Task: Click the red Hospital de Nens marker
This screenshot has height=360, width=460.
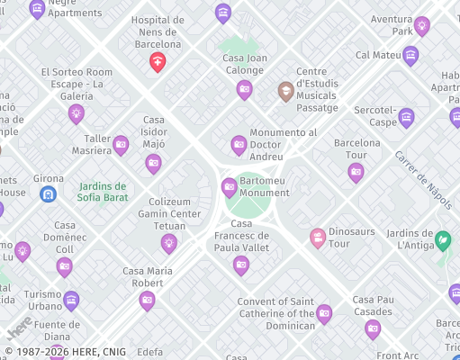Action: [x=158, y=61]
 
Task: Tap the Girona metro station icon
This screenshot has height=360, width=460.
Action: [x=49, y=193]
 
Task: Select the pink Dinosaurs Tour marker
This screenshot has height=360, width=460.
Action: [x=317, y=238]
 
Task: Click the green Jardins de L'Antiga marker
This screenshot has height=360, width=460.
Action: [x=442, y=240]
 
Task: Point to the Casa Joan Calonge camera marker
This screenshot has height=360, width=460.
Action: [x=244, y=88]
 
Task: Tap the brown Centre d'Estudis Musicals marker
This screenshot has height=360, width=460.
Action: [x=285, y=89]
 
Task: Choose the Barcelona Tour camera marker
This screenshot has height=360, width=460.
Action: [x=356, y=171]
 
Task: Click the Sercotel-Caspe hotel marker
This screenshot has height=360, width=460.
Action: [x=406, y=116]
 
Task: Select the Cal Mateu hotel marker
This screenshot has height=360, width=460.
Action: [x=410, y=56]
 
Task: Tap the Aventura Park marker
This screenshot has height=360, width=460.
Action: [x=421, y=25]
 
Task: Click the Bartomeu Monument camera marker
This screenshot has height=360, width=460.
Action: [x=229, y=186]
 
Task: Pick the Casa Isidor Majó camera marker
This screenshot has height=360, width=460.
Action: [x=153, y=163]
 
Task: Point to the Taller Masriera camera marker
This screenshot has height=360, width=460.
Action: [x=121, y=144]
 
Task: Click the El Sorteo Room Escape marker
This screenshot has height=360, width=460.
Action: [x=77, y=112]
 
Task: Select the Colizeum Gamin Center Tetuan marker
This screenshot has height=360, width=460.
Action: [x=168, y=242]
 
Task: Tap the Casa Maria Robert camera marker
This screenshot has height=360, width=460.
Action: [x=147, y=300]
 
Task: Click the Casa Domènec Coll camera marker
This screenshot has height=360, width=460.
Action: [x=64, y=266]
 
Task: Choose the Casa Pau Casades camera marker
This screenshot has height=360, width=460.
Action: [x=373, y=328]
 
